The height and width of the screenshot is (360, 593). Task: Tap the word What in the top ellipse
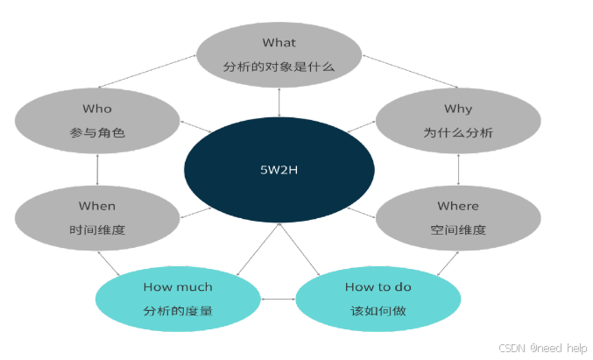(279, 42)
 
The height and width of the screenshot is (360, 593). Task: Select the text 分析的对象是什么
(279, 67)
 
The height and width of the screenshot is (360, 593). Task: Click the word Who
(97, 109)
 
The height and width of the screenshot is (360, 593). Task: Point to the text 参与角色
(97, 133)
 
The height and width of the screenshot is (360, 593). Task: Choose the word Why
(458, 109)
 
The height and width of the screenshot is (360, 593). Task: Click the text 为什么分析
(458, 133)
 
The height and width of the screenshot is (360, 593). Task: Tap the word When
(97, 206)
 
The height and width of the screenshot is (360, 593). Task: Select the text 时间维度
(97, 230)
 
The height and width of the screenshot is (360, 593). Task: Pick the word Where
(458, 206)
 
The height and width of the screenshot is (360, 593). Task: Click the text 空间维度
(458, 230)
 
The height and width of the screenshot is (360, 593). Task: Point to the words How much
(178, 286)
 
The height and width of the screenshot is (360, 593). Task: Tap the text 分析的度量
(178, 311)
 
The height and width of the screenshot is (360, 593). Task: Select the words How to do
(378, 286)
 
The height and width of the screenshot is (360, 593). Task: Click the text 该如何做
(378, 311)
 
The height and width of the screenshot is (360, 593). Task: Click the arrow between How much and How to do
(279, 300)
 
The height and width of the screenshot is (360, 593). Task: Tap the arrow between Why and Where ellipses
(458, 169)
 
